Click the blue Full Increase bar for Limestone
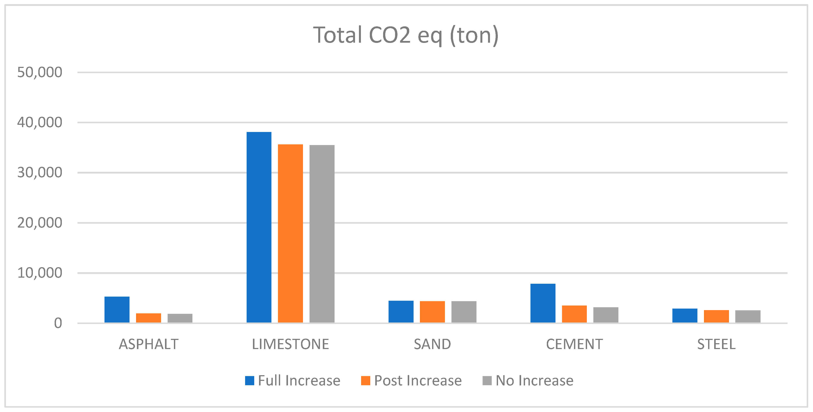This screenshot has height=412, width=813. (x=259, y=227)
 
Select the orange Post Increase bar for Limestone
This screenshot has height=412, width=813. (x=290, y=234)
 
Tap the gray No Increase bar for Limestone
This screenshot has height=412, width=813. (x=322, y=234)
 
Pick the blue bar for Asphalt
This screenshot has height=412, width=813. (x=117, y=309)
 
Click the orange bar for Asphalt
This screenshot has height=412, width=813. (x=148, y=318)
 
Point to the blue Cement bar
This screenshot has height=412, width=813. (x=543, y=303)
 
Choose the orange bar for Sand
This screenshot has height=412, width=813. (x=432, y=312)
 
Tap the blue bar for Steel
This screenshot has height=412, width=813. (x=685, y=315)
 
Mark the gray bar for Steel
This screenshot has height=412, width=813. (x=748, y=316)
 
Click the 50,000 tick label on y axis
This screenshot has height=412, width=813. (x=39, y=73)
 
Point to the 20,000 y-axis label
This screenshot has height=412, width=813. (x=39, y=223)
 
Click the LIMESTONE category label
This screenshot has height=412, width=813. (x=290, y=344)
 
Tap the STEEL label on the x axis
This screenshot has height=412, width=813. (x=716, y=344)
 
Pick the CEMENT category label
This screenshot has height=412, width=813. (x=574, y=344)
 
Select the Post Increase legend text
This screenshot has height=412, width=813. (x=417, y=380)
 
